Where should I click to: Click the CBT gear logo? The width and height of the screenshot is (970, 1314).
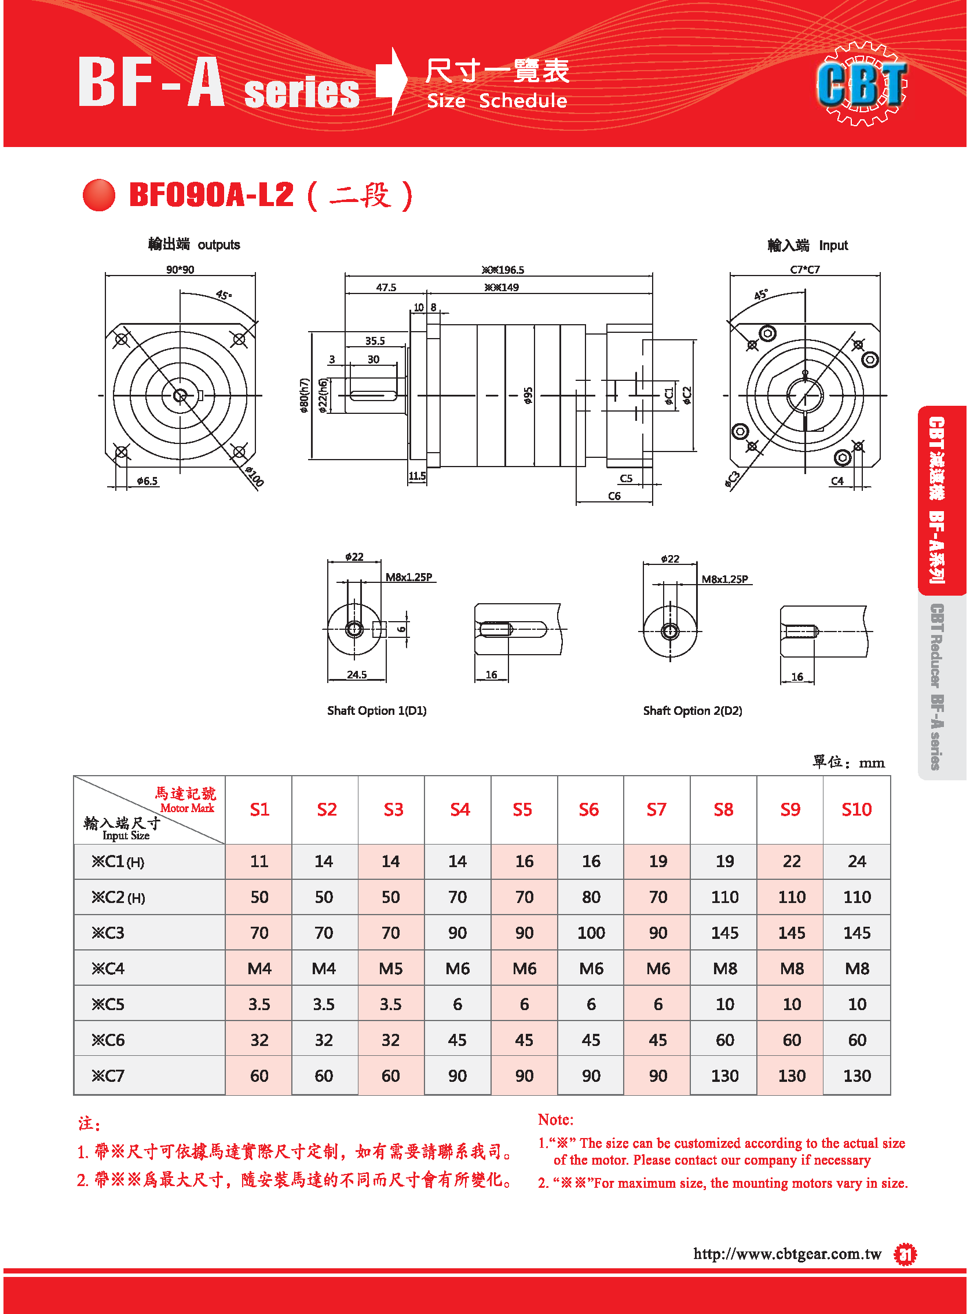point(862,83)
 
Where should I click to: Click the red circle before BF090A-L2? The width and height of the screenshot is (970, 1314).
point(98,195)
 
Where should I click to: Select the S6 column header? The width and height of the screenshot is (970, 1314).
point(589,810)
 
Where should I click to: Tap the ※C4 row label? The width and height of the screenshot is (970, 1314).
point(108,968)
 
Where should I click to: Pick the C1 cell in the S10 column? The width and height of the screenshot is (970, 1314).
point(856,861)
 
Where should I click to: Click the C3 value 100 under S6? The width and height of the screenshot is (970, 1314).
point(591,933)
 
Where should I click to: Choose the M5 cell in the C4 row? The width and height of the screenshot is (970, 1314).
point(390,968)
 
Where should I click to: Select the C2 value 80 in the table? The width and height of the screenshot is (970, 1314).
point(591,897)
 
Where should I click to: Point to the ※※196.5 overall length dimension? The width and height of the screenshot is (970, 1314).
point(503,270)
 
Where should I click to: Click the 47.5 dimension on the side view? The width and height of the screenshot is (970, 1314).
point(386,288)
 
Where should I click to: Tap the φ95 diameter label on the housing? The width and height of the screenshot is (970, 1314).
point(528,395)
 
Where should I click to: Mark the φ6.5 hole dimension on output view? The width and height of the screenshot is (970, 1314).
point(147,481)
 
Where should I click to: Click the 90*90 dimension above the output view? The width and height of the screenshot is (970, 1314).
point(180,270)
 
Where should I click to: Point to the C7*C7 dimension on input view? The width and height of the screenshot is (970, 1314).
point(805,270)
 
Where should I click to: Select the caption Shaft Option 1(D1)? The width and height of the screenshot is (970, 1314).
point(377,711)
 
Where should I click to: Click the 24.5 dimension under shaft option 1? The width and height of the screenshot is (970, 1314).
point(356,675)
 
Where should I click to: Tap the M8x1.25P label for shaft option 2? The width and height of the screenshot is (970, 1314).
point(724,579)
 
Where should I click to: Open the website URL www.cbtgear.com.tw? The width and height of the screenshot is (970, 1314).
point(788,1254)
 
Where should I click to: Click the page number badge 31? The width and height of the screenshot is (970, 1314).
point(905,1256)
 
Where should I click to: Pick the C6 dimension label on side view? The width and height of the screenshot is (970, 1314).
point(614,497)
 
